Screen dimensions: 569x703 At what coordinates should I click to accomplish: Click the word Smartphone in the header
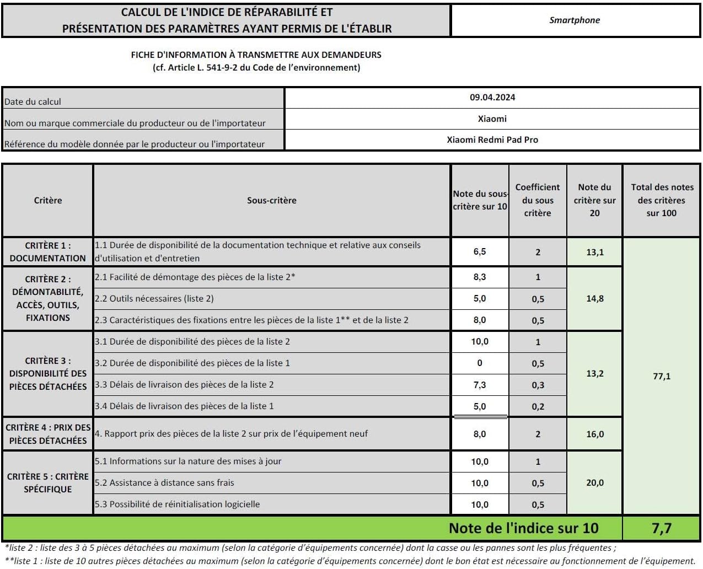575,20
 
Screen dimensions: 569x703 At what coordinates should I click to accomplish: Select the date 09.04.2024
492,98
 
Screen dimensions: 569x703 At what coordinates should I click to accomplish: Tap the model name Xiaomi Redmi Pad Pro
492,140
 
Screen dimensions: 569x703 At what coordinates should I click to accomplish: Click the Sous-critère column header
271,201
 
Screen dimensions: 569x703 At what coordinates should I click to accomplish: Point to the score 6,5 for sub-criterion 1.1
480,252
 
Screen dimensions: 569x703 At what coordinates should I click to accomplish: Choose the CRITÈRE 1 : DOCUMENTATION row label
48,252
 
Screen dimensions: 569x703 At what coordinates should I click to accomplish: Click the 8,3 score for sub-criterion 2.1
480,277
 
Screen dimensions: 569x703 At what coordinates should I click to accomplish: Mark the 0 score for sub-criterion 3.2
480,363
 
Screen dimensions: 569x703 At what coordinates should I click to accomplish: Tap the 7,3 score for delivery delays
480,385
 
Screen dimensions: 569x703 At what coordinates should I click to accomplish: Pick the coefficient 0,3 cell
538,385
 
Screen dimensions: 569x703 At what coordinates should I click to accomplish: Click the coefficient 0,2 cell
538,407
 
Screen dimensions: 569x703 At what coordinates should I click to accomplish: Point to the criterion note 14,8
595,299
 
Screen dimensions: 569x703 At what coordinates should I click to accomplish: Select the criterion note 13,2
595,374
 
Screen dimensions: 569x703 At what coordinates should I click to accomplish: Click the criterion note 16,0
595,434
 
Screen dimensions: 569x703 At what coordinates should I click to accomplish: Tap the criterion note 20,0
595,483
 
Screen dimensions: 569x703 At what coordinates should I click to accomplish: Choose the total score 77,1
662,377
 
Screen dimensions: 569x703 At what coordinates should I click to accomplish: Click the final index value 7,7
662,528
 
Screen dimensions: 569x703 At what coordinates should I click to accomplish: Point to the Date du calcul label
33,102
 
